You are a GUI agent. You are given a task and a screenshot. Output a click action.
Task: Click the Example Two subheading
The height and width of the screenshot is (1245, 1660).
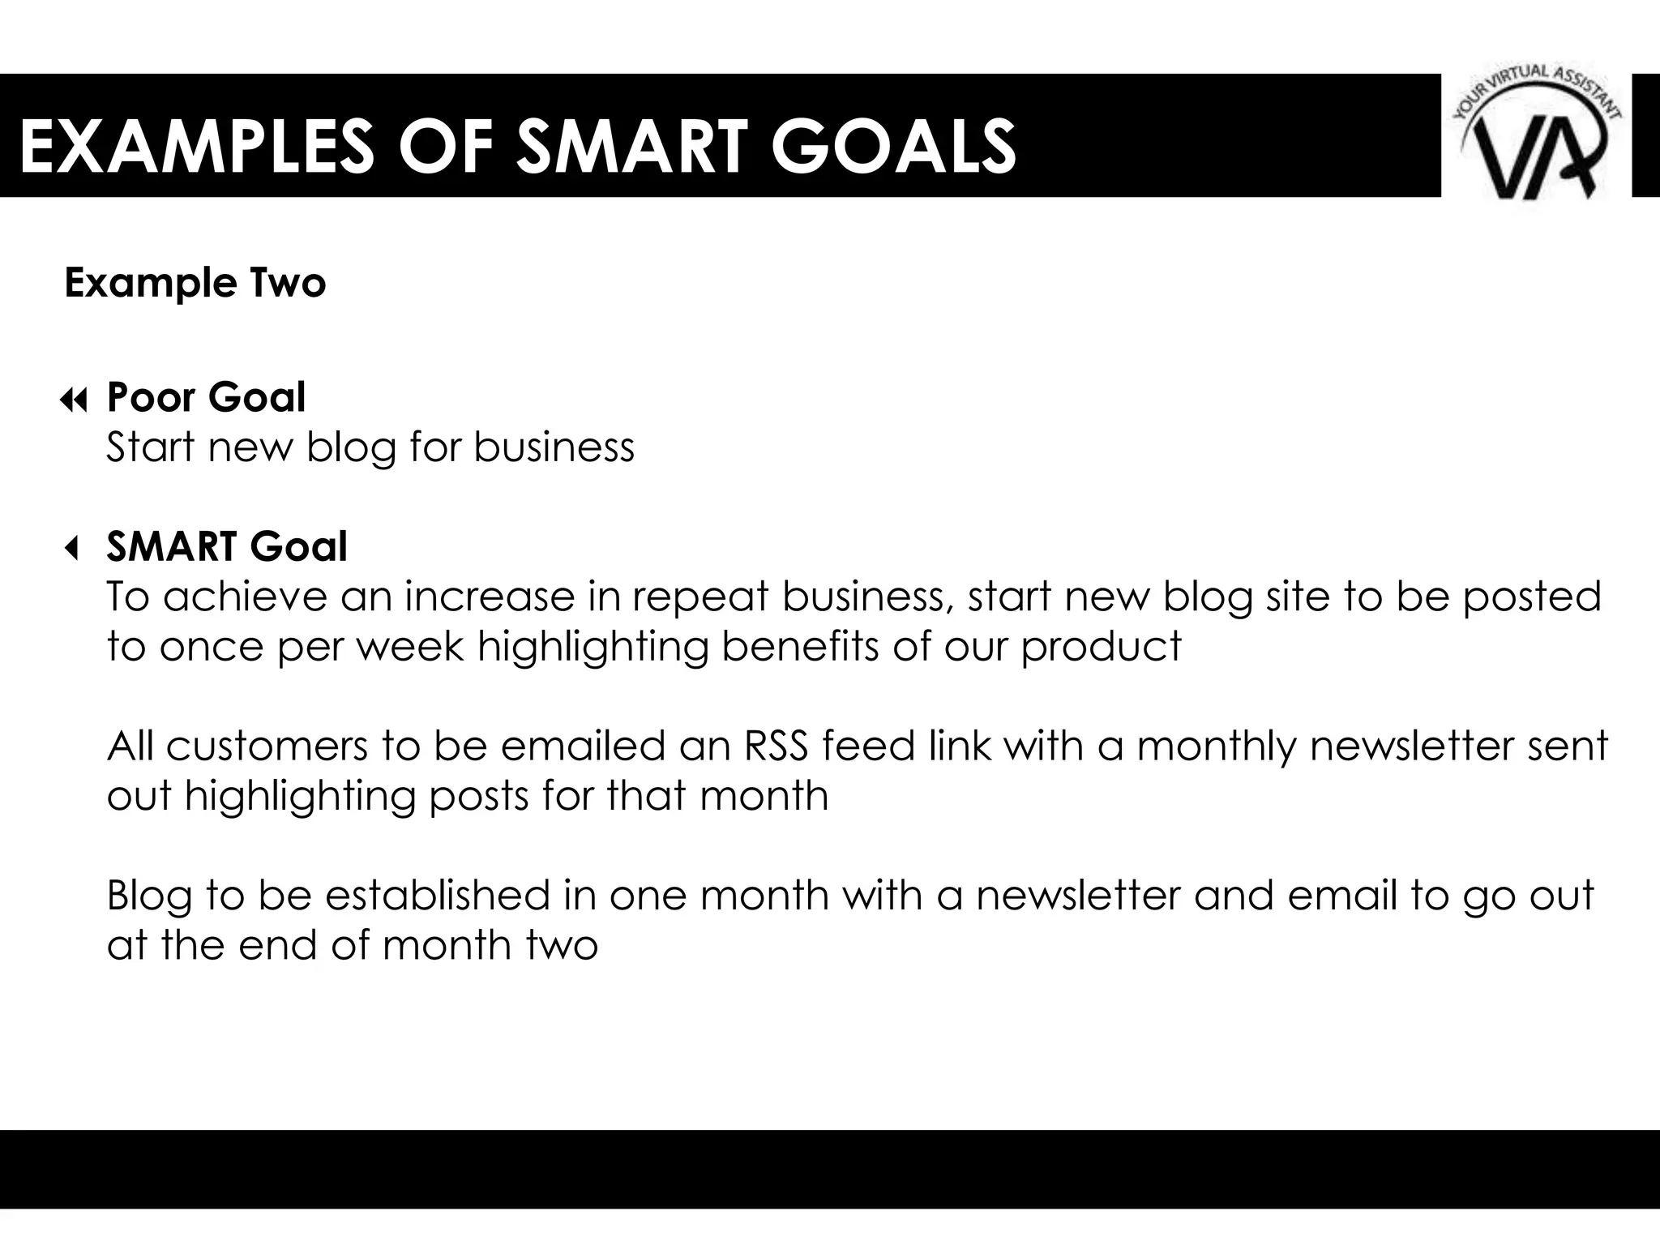(x=195, y=283)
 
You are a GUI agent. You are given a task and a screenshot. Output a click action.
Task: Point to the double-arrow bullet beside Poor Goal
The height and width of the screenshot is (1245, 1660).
(x=73, y=400)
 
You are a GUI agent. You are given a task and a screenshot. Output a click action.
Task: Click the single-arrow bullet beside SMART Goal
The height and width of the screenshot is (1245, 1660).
(x=72, y=550)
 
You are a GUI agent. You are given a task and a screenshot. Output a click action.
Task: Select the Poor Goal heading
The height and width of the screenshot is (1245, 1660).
(x=206, y=397)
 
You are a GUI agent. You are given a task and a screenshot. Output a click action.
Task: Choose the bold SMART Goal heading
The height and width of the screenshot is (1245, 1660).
(x=227, y=546)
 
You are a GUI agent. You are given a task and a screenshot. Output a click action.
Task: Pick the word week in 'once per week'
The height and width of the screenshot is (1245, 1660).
(x=411, y=647)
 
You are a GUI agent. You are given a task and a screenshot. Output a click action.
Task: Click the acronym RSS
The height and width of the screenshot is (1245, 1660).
(x=776, y=746)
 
